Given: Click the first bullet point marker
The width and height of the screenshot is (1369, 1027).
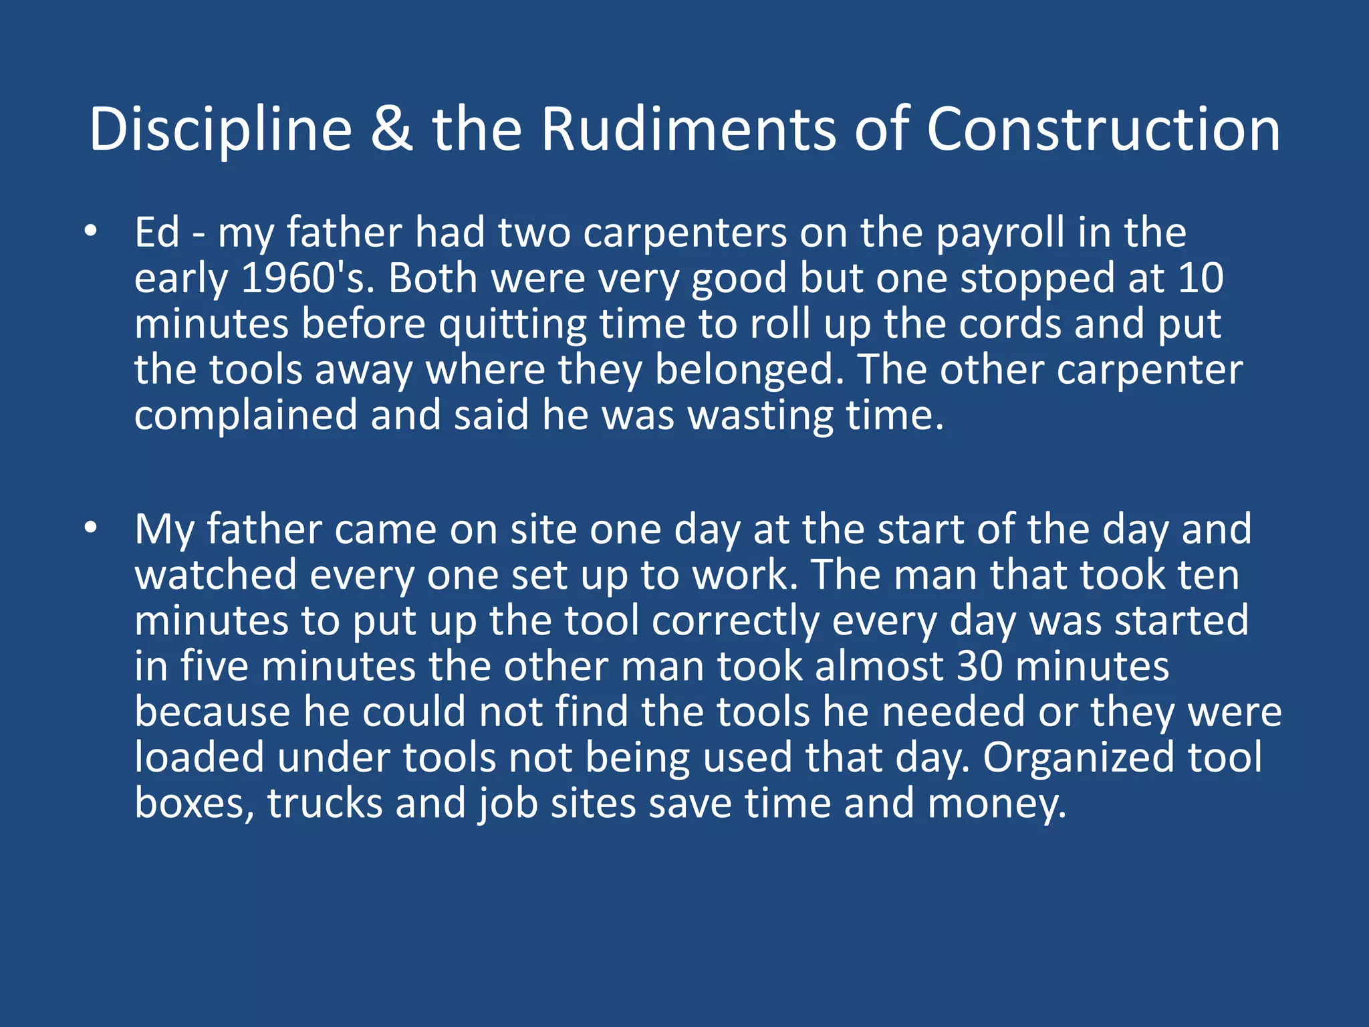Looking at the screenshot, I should pos(91,232).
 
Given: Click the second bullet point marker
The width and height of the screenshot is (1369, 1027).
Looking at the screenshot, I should pos(91,528).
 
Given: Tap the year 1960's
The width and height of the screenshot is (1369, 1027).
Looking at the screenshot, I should pos(304,278).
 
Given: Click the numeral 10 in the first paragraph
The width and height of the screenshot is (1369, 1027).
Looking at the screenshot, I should pos(1201,278).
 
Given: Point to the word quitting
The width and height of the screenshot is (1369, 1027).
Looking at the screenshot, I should pos(513,325).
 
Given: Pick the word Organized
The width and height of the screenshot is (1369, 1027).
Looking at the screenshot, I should pos(1078,758).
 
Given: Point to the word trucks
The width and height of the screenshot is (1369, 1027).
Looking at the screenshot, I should pos(326,803).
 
